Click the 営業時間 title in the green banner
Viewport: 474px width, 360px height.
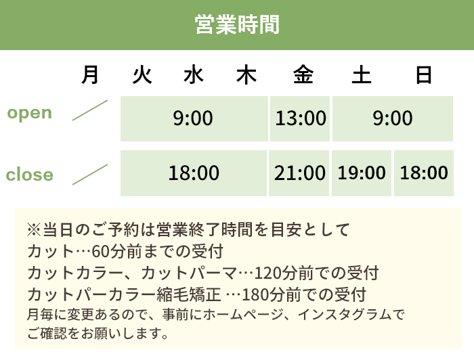tap(237, 24)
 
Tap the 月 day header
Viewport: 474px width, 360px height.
tap(90, 74)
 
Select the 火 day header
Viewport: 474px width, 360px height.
tap(142, 74)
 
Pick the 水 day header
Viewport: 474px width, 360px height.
tap(193, 74)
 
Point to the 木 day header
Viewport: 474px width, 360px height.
tap(246, 74)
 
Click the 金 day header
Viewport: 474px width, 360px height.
tap(303, 74)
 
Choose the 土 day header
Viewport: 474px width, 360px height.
tap(361, 74)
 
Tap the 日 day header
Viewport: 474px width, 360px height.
tap(423, 74)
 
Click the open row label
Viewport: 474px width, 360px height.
tap(29, 112)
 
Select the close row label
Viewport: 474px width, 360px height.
tap(29, 175)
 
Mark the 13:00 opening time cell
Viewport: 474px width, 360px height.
tap(301, 118)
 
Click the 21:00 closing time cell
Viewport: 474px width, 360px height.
tap(300, 173)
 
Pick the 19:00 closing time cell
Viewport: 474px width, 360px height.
tap(362, 173)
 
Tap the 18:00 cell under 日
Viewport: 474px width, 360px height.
tap(424, 173)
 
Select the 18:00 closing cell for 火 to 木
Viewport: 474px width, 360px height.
tap(194, 173)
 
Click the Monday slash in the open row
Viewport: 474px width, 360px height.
tap(90, 110)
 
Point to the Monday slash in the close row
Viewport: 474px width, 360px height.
tap(90, 174)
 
